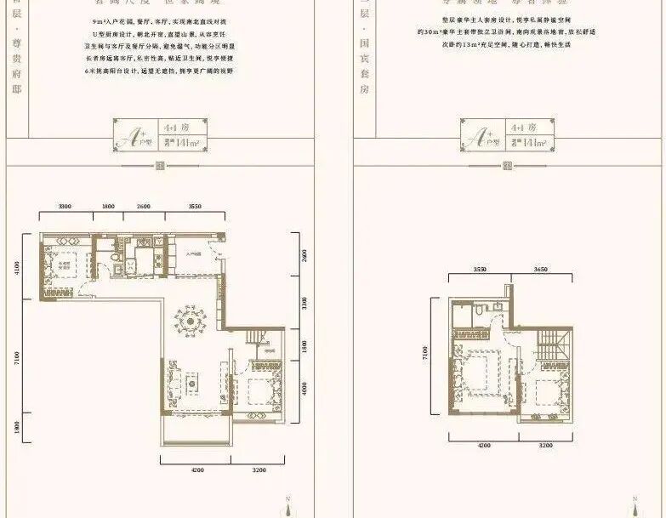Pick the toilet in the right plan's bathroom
[481, 312]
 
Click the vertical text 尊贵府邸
[16, 51]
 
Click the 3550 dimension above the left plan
[195, 207]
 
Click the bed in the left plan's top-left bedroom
[65, 265]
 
